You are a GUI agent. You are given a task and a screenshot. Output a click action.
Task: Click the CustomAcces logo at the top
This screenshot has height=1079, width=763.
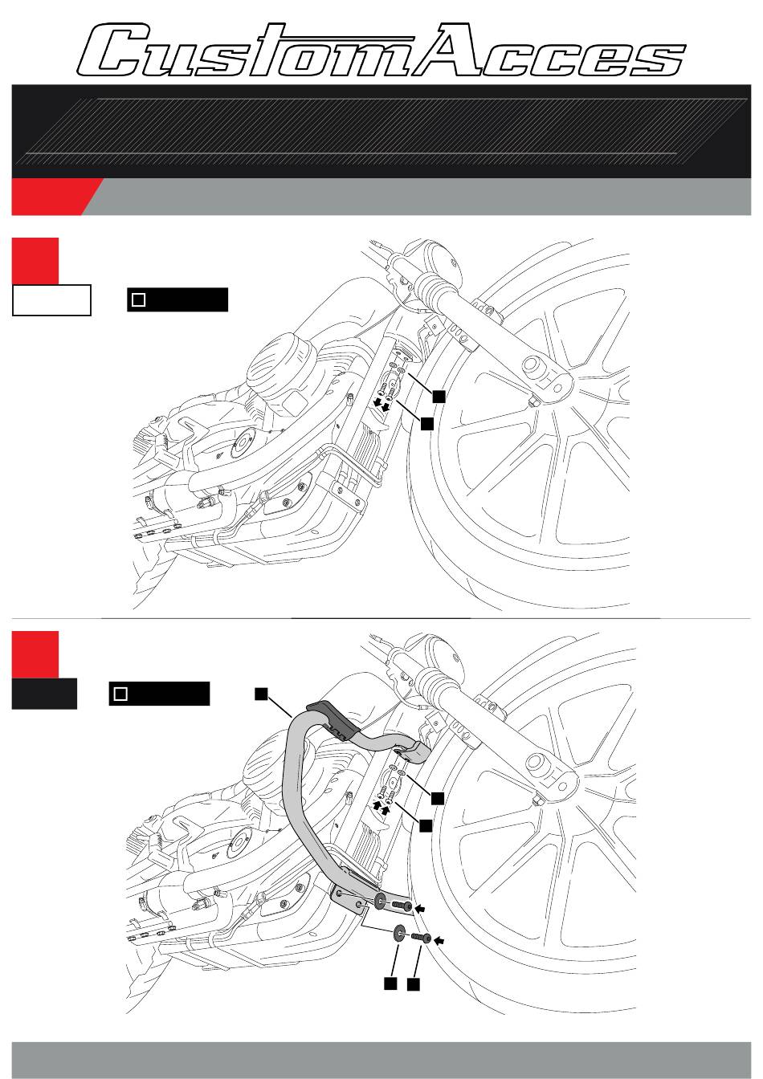coord(381,50)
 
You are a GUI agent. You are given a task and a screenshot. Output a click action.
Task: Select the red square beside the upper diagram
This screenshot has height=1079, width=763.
coord(35,261)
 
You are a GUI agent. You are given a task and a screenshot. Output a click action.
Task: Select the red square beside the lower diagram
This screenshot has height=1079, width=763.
coord(35,654)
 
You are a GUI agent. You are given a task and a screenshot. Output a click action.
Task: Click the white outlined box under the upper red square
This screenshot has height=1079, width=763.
coord(51,300)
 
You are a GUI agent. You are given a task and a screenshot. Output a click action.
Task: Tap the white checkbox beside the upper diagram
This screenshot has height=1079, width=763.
coord(138,299)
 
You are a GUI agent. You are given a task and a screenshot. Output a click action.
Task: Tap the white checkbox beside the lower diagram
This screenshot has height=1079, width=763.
coord(120,694)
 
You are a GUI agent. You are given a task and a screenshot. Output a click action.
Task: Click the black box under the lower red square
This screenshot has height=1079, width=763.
coord(44,694)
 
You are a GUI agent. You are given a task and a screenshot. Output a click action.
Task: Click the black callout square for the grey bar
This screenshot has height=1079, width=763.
coord(261,694)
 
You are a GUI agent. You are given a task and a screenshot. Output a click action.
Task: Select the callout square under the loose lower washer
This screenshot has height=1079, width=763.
coord(390,983)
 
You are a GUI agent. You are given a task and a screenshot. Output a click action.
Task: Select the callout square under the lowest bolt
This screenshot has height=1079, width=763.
coord(413,984)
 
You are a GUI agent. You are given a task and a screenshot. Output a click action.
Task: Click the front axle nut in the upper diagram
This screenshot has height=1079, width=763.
coord(533,402)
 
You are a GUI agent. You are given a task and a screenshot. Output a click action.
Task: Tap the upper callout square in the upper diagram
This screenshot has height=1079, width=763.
coord(439,397)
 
